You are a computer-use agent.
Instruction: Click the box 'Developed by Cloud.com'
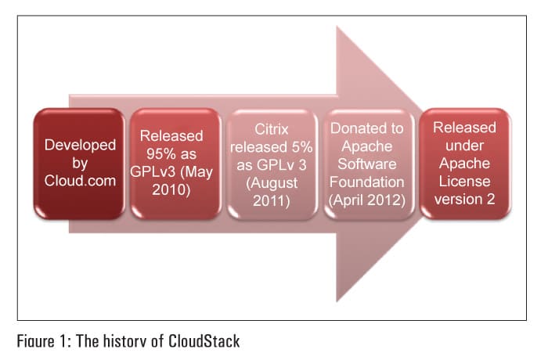pos(80,164)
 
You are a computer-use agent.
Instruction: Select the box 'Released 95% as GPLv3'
pos(175,164)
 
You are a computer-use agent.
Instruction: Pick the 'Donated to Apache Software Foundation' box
pos(368,164)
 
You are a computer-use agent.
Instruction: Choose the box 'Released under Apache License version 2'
pos(463,164)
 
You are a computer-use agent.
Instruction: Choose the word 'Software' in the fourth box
pos(368,164)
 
